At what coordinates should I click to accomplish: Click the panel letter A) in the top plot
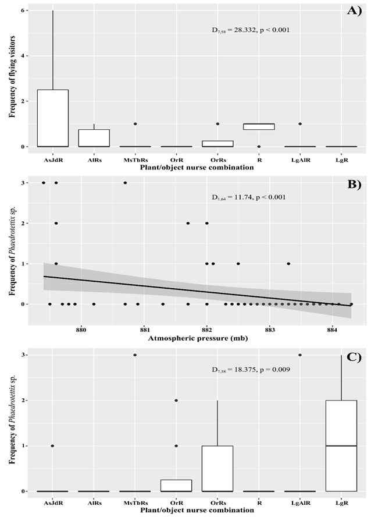pos(353,11)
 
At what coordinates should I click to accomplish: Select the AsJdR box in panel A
pos(52,118)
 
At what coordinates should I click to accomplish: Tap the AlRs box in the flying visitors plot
pos(94,138)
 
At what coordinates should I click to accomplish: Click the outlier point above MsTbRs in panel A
pos(135,124)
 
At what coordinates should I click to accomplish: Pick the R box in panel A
pos(259,126)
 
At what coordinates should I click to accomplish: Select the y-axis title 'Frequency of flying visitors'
pos(12,79)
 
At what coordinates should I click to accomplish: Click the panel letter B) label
pos(353,185)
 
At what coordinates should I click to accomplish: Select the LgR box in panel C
pos(341,445)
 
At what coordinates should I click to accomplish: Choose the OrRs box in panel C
pos(217,469)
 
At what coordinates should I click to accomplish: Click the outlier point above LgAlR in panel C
pos(300,355)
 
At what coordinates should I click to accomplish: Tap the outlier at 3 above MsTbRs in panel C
pos(135,355)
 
